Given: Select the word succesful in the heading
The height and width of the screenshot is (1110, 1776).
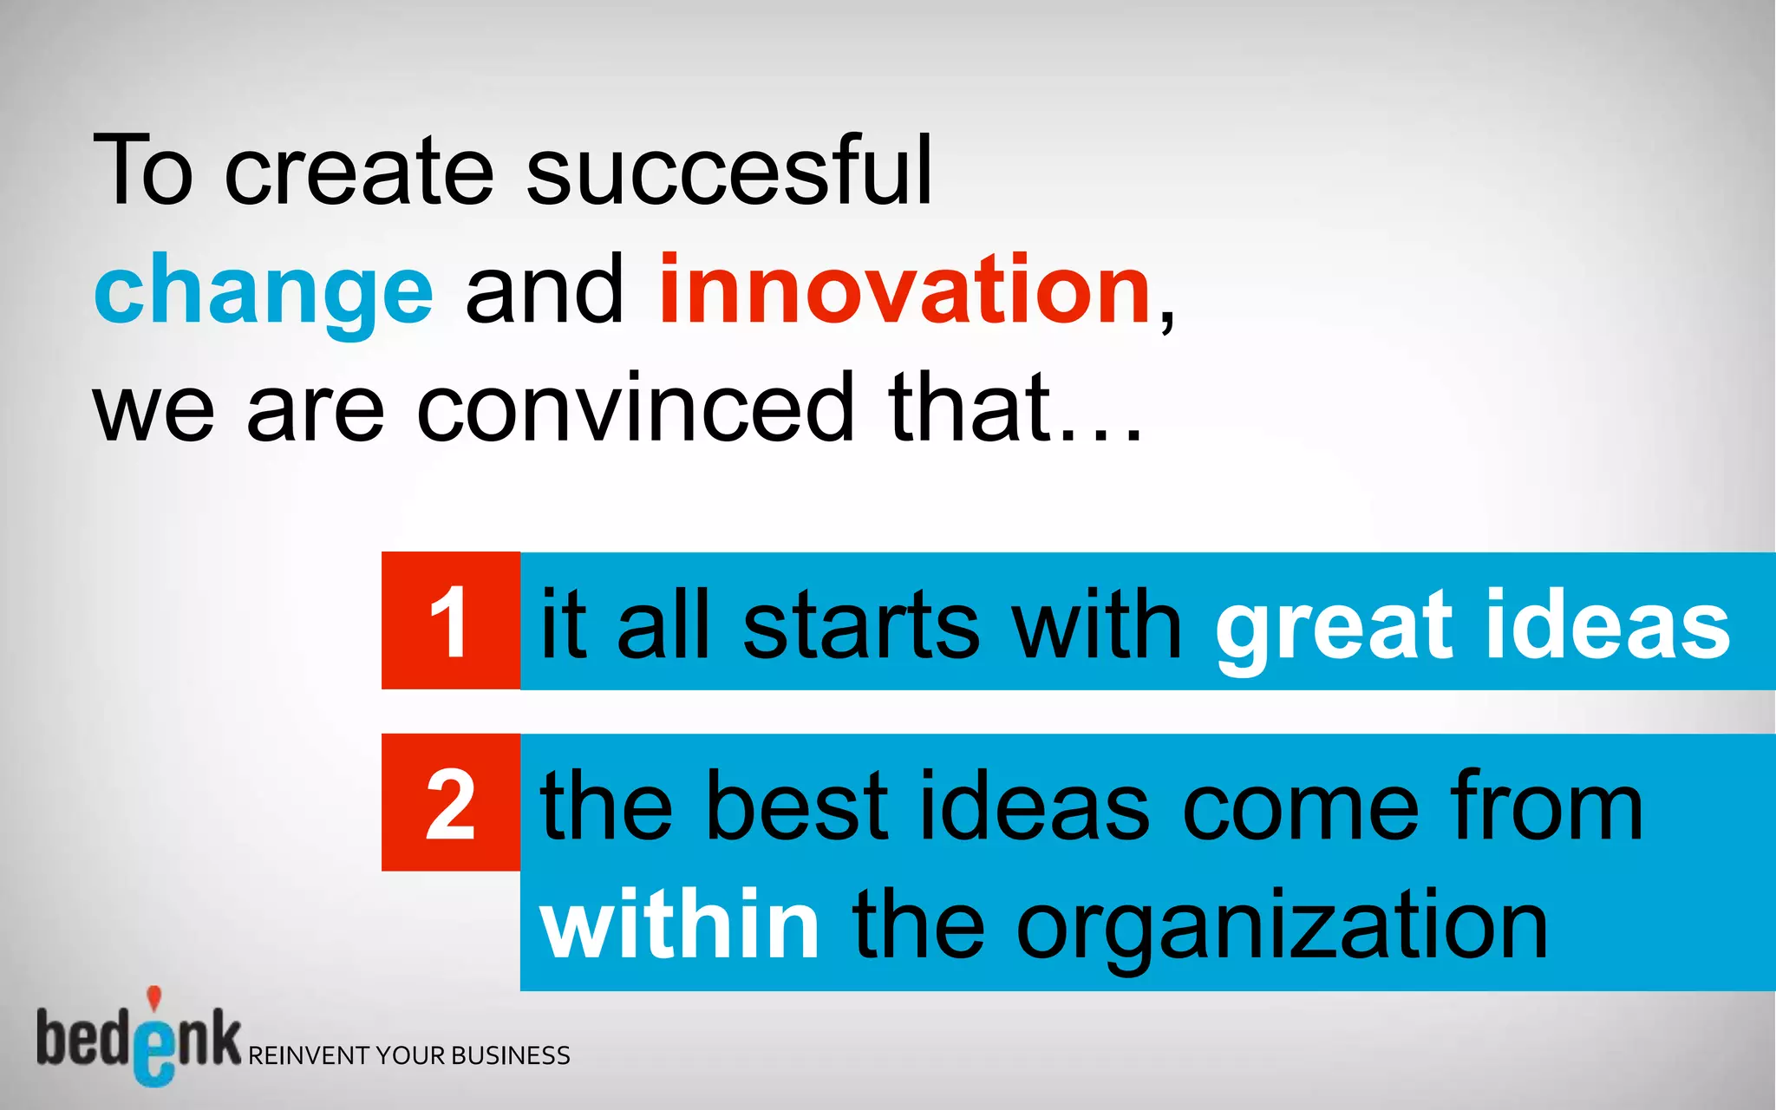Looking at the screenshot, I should tap(728, 171).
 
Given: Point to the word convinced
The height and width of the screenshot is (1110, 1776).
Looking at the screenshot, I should tap(637, 408).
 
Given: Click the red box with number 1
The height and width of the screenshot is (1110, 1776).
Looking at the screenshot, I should tap(450, 621).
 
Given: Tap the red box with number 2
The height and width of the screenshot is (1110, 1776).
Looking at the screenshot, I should tap(450, 803).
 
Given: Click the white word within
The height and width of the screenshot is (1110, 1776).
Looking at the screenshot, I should tap(679, 924).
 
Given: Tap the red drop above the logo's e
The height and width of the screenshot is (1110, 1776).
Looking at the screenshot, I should tap(153, 998).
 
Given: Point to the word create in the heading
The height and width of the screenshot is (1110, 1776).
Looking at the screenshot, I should tap(359, 171).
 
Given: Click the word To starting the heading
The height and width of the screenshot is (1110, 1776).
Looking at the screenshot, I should tap(142, 171).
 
